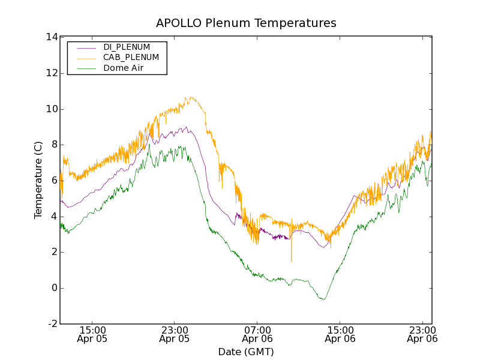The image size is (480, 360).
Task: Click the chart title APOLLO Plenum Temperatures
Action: click(x=246, y=23)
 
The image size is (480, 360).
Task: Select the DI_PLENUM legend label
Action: click(x=127, y=47)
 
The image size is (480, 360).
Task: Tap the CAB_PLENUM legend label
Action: click(x=131, y=58)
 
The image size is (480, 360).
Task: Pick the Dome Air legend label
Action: click(x=124, y=68)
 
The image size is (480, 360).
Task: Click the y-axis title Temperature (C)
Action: click(x=38, y=180)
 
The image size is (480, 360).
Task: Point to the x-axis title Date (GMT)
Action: click(x=246, y=352)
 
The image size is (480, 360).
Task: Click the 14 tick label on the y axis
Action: click(x=51, y=37)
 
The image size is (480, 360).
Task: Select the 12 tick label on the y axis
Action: click(x=51, y=73)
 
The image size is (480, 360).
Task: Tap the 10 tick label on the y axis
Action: click(x=51, y=109)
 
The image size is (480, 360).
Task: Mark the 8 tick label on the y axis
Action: click(x=54, y=145)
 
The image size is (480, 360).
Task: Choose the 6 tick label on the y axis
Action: click(x=54, y=181)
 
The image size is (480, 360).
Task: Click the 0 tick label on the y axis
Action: click(x=54, y=288)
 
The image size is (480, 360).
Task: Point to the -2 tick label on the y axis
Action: click(x=52, y=324)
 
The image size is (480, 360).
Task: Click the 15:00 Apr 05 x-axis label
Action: click(x=92, y=334)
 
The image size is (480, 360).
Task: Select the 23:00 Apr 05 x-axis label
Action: click(x=175, y=334)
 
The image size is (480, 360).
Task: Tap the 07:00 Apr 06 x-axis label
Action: click(x=257, y=334)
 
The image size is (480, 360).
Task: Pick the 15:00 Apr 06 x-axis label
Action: click(x=340, y=334)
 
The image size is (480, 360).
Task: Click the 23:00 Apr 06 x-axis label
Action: click(x=422, y=334)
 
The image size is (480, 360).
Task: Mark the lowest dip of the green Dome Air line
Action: click(x=324, y=299)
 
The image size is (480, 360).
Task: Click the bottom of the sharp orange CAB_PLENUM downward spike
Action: click(x=292, y=262)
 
